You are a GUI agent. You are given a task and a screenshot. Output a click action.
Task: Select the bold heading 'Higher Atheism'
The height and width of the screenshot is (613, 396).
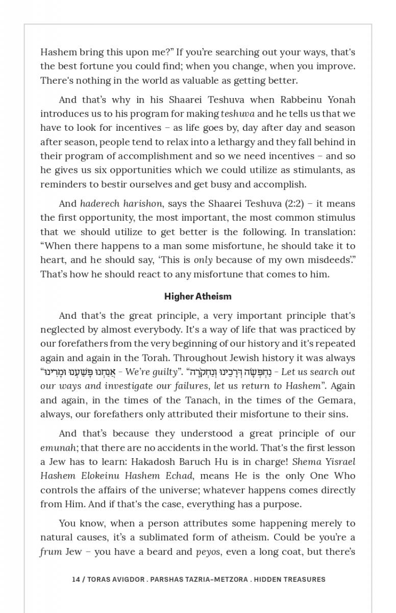(197, 296)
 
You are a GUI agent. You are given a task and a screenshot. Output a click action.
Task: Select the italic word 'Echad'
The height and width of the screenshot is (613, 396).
(179, 476)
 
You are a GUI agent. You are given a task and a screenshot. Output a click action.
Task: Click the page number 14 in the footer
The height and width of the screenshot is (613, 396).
(76, 579)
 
